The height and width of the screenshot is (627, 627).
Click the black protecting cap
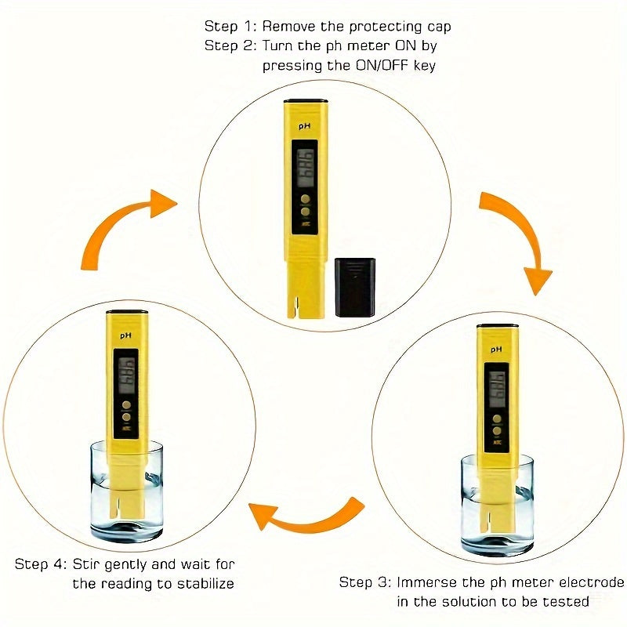click(x=354, y=287)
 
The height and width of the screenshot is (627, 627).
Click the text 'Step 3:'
click(x=364, y=582)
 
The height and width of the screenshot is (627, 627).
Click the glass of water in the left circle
click(x=127, y=492)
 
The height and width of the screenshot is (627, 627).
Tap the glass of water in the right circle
click(x=497, y=506)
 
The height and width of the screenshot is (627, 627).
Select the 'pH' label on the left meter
click(x=125, y=335)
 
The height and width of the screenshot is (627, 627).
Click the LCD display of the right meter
click(x=496, y=388)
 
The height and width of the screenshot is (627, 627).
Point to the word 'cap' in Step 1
click(x=439, y=27)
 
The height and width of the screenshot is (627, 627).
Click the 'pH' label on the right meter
click(x=495, y=349)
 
